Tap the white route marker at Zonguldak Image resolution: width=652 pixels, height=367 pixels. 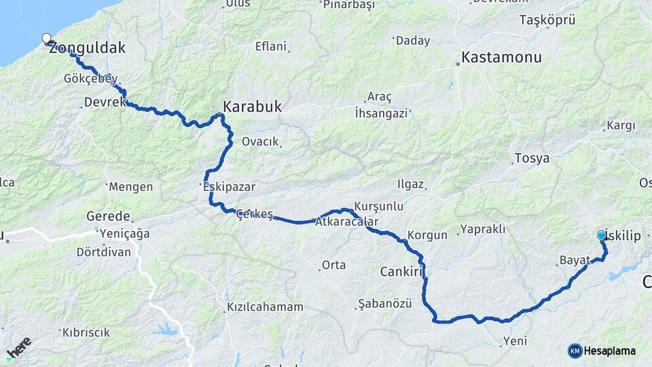[46, 39]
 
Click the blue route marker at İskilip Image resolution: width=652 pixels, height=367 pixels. [601, 235]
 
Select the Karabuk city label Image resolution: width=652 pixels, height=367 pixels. [252, 107]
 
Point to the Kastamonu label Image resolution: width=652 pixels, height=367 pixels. [501, 57]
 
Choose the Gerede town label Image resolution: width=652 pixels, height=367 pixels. [108, 216]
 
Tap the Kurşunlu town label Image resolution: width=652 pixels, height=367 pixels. [379, 205]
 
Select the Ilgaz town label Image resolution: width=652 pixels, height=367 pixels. [412, 184]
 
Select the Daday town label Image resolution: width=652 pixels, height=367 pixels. [413, 41]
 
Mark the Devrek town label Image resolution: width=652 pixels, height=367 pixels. [105, 102]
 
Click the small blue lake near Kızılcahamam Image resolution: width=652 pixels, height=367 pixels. [166, 331]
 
